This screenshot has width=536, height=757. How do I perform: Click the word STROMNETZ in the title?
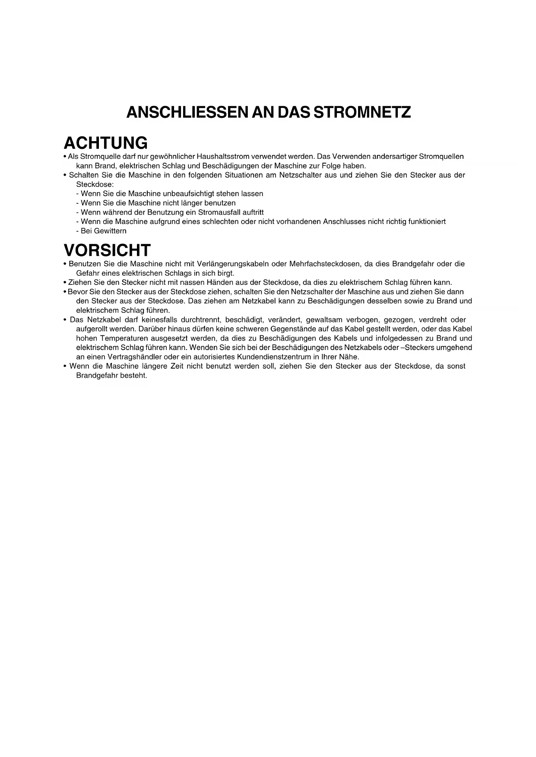[x=362, y=112]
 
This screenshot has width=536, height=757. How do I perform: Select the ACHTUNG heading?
[x=105, y=143]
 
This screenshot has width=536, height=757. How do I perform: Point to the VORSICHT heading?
[x=107, y=250]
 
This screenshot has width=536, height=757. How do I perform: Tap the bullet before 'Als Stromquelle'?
[x=65, y=157]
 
